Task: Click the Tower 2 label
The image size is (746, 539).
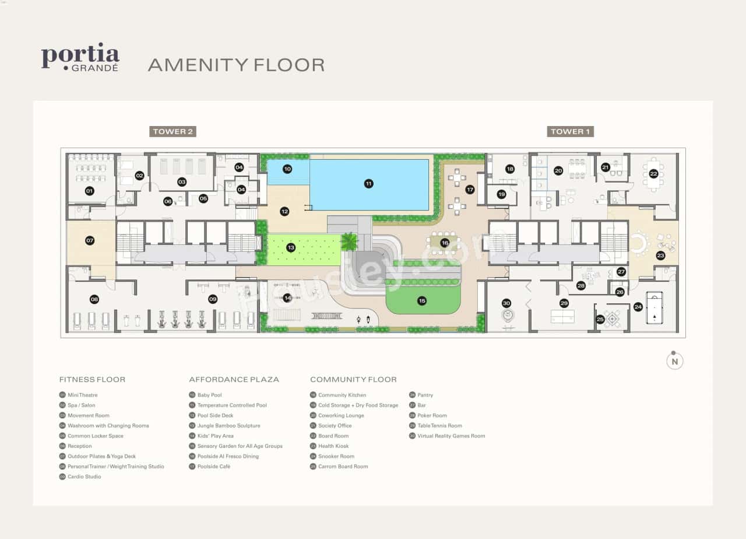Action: click(x=173, y=131)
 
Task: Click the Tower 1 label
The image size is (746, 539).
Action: click(x=570, y=131)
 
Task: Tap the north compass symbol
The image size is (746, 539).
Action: click(x=674, y=361)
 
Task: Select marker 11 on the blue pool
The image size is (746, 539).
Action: click(x=368, y=184)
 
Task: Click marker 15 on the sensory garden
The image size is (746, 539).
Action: click(x=422, y=301)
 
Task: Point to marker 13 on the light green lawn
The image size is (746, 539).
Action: click(x=291, y=248)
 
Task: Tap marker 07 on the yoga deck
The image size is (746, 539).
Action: click(x=90, y=240)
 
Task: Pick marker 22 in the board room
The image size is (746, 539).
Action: click(x=653, y=173)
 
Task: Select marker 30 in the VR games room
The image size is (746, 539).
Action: click(x=506, y=303)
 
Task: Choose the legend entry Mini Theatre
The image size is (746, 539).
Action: click(x=82, y=395)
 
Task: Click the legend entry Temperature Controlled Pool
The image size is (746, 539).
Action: click(x=231, y=405)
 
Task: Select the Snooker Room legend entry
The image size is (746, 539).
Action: click(x=336, y=456)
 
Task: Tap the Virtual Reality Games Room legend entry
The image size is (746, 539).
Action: click(x=451, y=436)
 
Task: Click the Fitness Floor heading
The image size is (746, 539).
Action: click(x=92, y=380)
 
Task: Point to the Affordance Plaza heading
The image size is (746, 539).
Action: click(x=234, y=380)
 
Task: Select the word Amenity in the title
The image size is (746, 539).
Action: click(x=195, y=64)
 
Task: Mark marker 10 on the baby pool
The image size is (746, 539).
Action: click(x=287, y=169)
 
